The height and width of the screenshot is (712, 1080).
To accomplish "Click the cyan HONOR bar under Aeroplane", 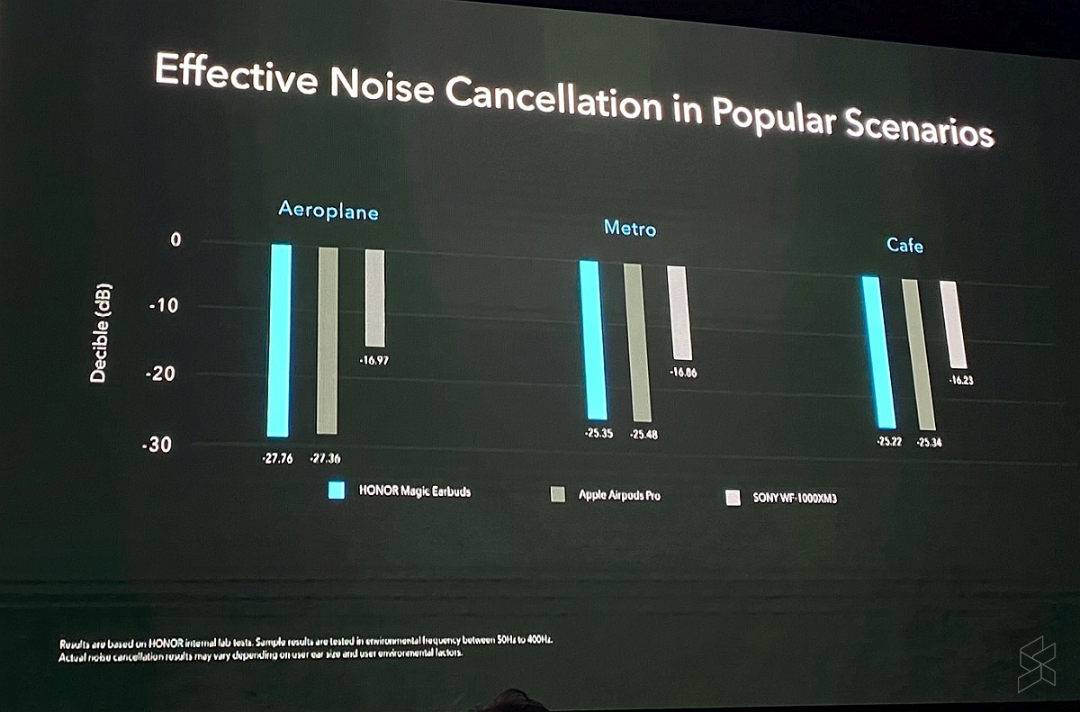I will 279,340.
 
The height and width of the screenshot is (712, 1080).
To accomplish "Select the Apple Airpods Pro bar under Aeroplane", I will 328,340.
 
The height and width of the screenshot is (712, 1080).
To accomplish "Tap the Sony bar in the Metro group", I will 679,313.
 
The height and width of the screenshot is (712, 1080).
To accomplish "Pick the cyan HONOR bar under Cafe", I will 878,353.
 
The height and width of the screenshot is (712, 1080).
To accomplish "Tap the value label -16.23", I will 960,381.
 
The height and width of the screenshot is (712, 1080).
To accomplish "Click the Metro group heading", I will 630,229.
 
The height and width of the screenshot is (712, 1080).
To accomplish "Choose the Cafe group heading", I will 904,245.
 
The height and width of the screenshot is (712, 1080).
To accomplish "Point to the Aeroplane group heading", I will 328,211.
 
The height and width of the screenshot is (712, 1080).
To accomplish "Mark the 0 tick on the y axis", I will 175,240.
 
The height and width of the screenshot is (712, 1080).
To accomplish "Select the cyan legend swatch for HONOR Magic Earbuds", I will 337,491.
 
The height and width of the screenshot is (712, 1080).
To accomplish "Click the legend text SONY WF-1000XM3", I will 794,498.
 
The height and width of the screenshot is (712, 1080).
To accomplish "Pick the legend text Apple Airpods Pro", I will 618,495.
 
